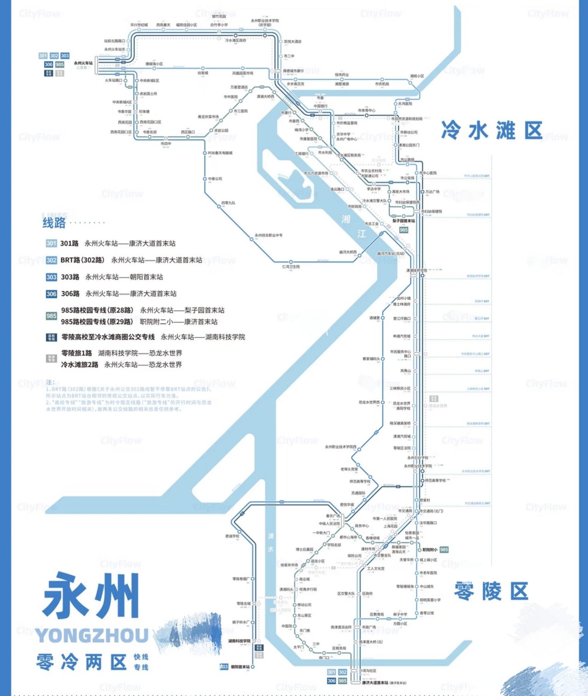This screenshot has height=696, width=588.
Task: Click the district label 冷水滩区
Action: (492, 131)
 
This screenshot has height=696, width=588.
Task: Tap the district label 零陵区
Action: (491, 591)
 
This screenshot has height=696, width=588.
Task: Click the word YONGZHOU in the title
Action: (92, 636)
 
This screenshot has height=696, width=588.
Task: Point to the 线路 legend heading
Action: (54, 223)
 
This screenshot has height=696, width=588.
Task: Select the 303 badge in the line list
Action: (51, 277)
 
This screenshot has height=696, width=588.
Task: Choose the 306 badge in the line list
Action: (51, 294)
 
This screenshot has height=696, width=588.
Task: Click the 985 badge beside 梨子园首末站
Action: (403, 230)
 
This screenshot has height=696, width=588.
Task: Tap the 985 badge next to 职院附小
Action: (444, 550)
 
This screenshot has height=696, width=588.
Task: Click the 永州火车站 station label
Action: (83, 63)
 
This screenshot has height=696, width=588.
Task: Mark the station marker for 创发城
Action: (203, 68)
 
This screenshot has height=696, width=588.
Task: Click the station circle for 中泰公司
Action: (205, 179)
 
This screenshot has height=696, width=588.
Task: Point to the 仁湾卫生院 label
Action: (291, 267)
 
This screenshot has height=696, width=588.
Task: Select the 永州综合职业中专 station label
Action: (269, 235)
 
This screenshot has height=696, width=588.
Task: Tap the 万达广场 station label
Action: (432, 192)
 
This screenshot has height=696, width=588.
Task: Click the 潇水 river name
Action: (271, 543)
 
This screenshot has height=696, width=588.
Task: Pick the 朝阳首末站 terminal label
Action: (240, 667)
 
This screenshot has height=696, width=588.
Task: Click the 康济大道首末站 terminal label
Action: (375, 683)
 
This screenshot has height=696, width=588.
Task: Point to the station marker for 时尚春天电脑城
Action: (204, 153)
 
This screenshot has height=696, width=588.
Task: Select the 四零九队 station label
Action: (228, 203)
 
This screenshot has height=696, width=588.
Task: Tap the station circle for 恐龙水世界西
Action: (383, 402)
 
